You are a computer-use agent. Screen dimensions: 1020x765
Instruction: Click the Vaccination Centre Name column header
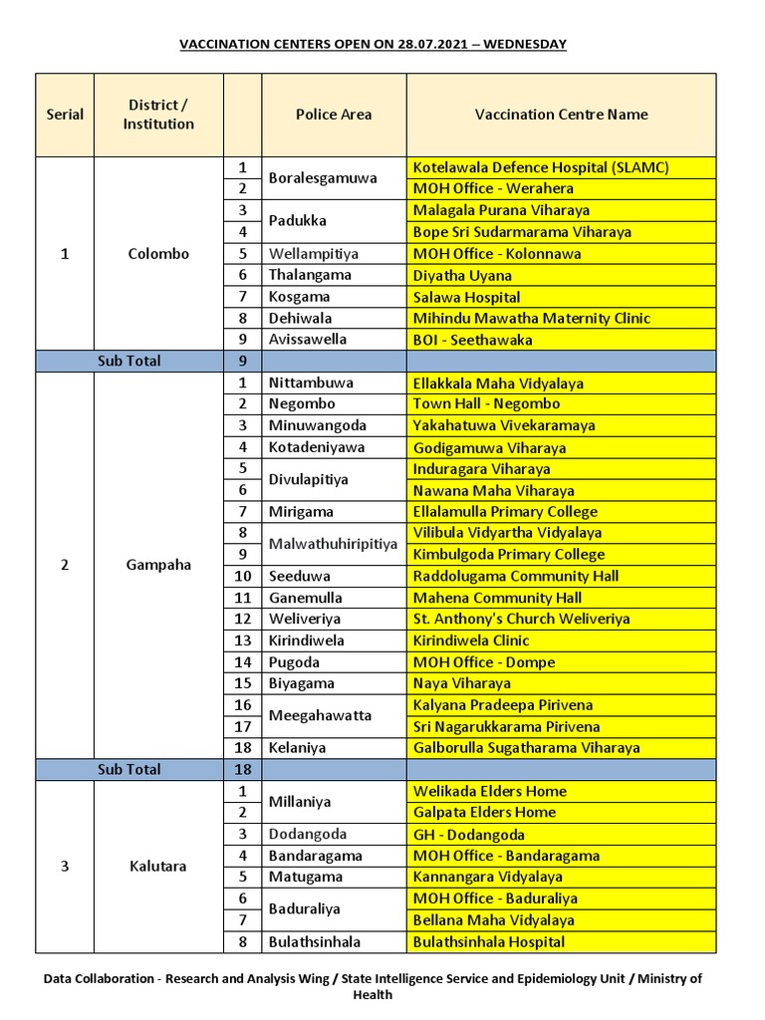click(561, 115)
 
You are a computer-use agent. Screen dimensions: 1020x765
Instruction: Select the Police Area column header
click(334, 115)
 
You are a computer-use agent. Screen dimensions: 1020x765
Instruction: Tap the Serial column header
click(65, 115)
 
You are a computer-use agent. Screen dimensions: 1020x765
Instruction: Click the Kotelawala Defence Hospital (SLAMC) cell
click(540, 167)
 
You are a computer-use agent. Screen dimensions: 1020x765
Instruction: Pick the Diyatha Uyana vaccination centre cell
click(462, 275)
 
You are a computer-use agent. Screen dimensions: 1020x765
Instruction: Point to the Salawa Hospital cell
click(466, 297)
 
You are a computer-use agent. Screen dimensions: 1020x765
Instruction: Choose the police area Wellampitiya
click(313, 253)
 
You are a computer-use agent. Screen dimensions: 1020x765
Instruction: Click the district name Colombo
click(158, 253)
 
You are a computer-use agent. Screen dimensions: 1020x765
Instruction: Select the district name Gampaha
click(158, 565)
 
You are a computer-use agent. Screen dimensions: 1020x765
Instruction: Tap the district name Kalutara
click(158, 866)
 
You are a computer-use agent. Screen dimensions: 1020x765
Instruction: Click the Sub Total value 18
click(242, 769)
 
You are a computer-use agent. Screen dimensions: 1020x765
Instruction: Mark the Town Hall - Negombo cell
click(486, 403)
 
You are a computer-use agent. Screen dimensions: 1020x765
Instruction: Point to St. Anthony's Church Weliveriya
click(521, 619)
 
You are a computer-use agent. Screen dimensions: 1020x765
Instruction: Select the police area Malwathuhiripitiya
click(333, 544)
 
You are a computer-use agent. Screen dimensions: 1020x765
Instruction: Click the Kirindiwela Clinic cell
click(471, 640)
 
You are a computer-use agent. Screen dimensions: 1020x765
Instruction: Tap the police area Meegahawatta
click(320, 715)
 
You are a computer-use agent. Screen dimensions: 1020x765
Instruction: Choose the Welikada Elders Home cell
click(489, 791)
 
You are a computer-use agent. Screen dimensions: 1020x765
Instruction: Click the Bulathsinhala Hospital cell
click(488, 941)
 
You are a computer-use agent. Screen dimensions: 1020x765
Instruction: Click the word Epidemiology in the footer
click(530, 979)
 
